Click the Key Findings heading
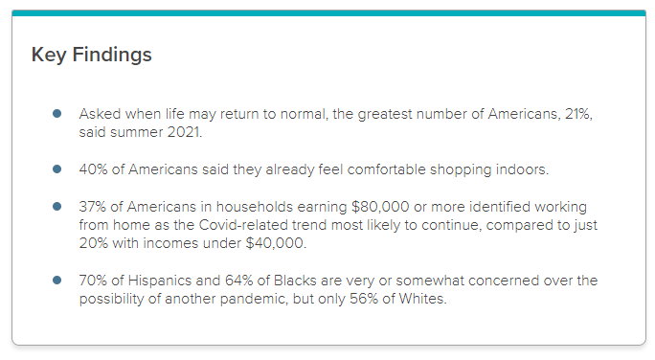pyautogui.click(x=92, y=55)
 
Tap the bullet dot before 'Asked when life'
pyautogui.click(x=57, y=114)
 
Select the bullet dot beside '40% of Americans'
pyautogui.click(x=57, y=169)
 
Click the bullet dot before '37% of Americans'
pyautogui.click(x=57, y=207)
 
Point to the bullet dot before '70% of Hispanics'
pyautogui.click(x=57, y=281)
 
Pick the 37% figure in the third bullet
pyautogui.click(x=94, y=207)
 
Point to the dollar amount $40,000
pyautogui.click(x=280, y=243)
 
